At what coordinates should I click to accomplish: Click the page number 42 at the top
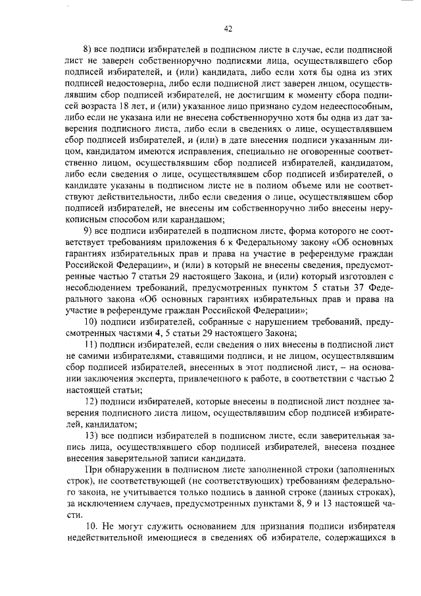click(x=228, y=28)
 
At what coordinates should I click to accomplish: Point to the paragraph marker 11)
click(x=91, y=344)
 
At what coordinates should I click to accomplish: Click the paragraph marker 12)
click(x=91, y=401)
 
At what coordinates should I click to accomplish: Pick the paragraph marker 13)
click(x=91, y=436)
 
